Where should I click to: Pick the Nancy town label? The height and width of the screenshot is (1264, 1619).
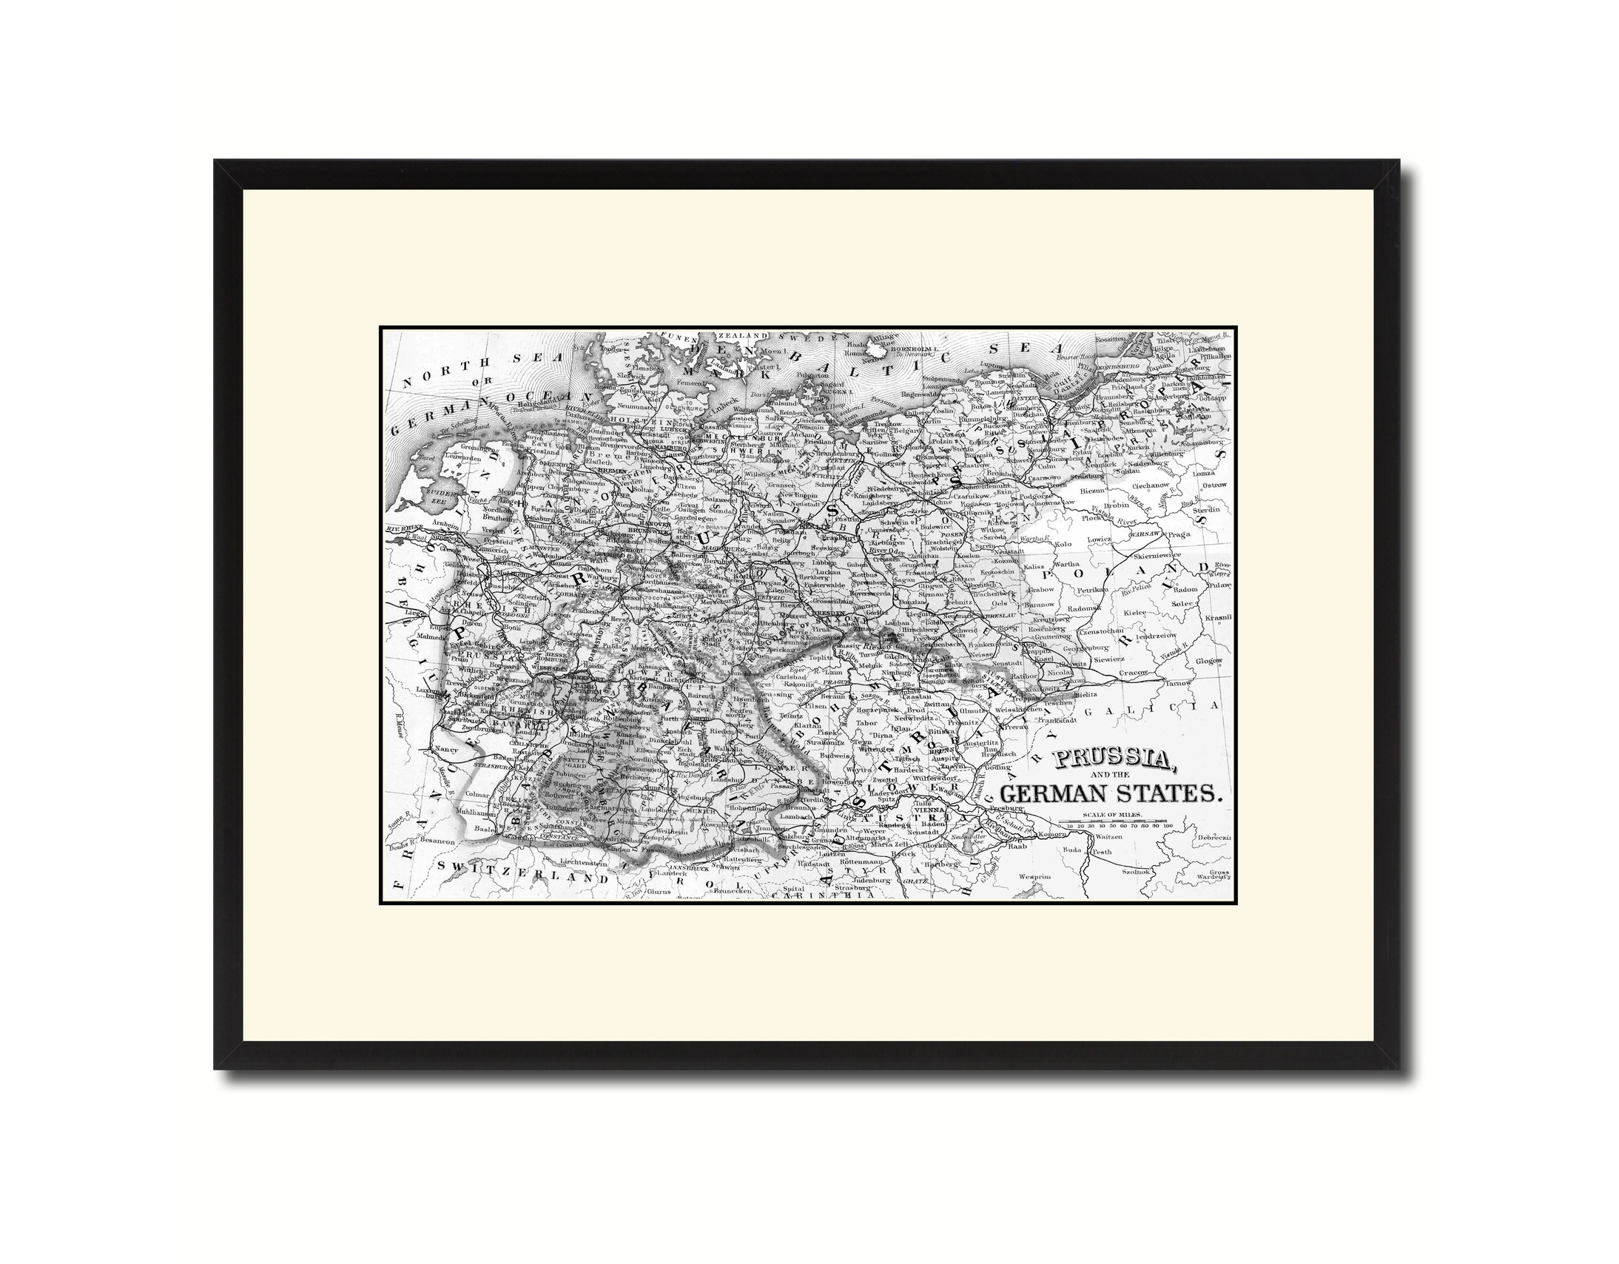coord(446,750)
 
